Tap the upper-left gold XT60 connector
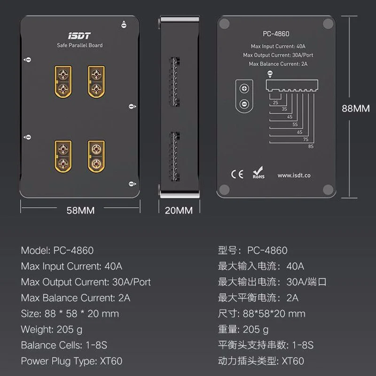(x=63, y=81)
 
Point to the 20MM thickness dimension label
(x=179, y=211)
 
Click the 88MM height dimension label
(x=355, y=108)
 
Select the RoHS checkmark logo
(x=258, y=174)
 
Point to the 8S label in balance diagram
(x=311, y=147)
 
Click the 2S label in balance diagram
(x=275, y=101)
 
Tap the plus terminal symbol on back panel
(x=243, y=89)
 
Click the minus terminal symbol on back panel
(x=243, y=104)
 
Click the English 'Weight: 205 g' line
(x=52, y=329)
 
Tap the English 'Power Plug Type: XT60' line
(x=71, y=361)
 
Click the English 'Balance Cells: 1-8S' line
(x=64, y=345)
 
